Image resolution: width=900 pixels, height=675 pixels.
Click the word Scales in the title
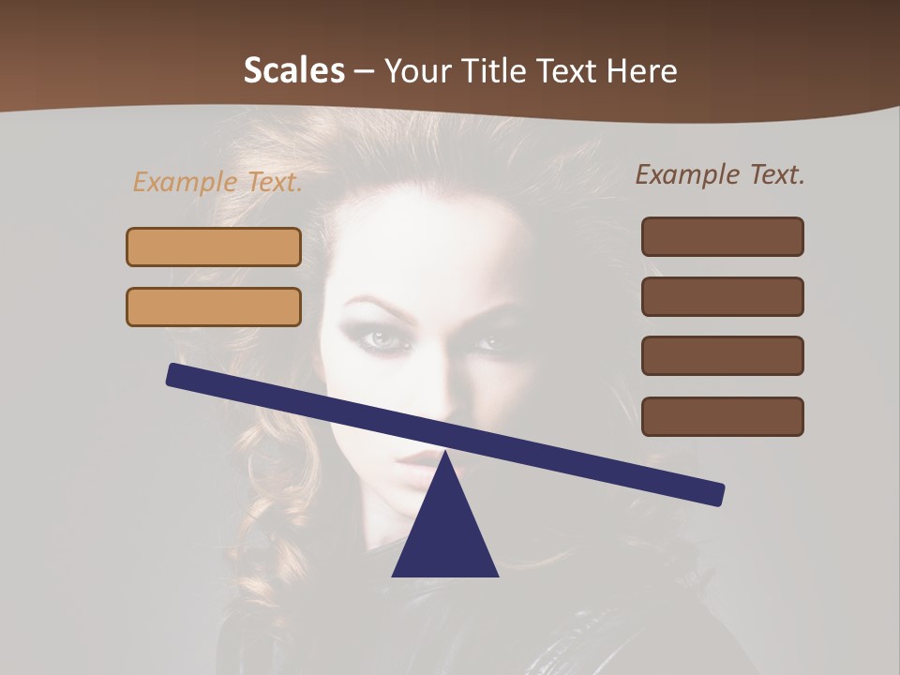click(293, 70)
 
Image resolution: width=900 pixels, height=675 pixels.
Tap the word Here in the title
click(641, 70)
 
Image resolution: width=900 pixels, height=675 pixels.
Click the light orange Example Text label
click(217, 182)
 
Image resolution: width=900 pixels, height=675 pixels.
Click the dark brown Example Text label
click(720, 174)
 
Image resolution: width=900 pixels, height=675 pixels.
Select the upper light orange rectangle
click(214, 247)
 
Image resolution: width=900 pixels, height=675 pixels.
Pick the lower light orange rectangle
click(214, 307)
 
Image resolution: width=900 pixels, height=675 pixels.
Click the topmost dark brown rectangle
click(722, 236)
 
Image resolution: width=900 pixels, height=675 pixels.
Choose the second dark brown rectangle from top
click(722, 296)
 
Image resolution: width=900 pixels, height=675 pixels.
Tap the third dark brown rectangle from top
click(722, 355)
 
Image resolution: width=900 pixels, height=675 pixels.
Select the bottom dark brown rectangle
click(722, 416)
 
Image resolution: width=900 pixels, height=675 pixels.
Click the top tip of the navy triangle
click(445, 455)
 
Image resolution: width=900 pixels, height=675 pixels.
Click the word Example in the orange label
click(185, 182)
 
